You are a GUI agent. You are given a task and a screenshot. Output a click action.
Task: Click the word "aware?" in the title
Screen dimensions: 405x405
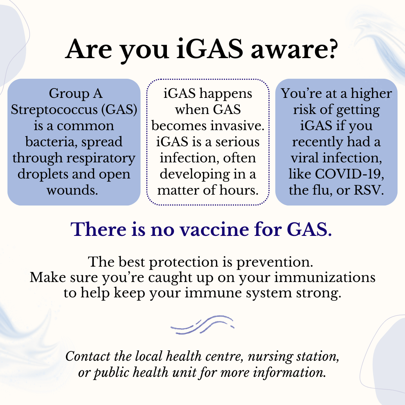(294, 49)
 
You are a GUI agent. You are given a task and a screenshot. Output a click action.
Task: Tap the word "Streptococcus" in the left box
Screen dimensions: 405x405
(54, 110)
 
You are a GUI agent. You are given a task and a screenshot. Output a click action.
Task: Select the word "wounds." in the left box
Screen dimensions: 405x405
(72, 190)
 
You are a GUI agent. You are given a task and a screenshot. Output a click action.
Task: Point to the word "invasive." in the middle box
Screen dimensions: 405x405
(237, 126)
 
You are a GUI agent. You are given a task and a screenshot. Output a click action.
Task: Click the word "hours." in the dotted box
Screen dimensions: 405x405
(239, 190)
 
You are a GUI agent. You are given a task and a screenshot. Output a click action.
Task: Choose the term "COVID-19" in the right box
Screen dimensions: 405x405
(349, 174)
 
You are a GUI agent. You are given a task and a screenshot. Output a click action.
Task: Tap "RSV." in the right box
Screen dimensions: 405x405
(369, 190)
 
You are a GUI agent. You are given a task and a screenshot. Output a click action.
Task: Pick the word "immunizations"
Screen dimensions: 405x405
(325, 277)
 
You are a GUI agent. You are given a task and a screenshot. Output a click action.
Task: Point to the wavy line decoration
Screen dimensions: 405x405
(202, 325)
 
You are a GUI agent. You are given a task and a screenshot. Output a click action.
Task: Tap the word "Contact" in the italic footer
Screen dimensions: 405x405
(88, 357)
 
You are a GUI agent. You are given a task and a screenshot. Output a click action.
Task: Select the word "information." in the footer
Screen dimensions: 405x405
(289, 373)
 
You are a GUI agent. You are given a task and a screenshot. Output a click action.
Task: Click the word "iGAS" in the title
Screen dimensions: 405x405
(210, 49)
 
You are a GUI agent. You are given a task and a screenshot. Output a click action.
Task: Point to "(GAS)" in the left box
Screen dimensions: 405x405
(119, 110)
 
